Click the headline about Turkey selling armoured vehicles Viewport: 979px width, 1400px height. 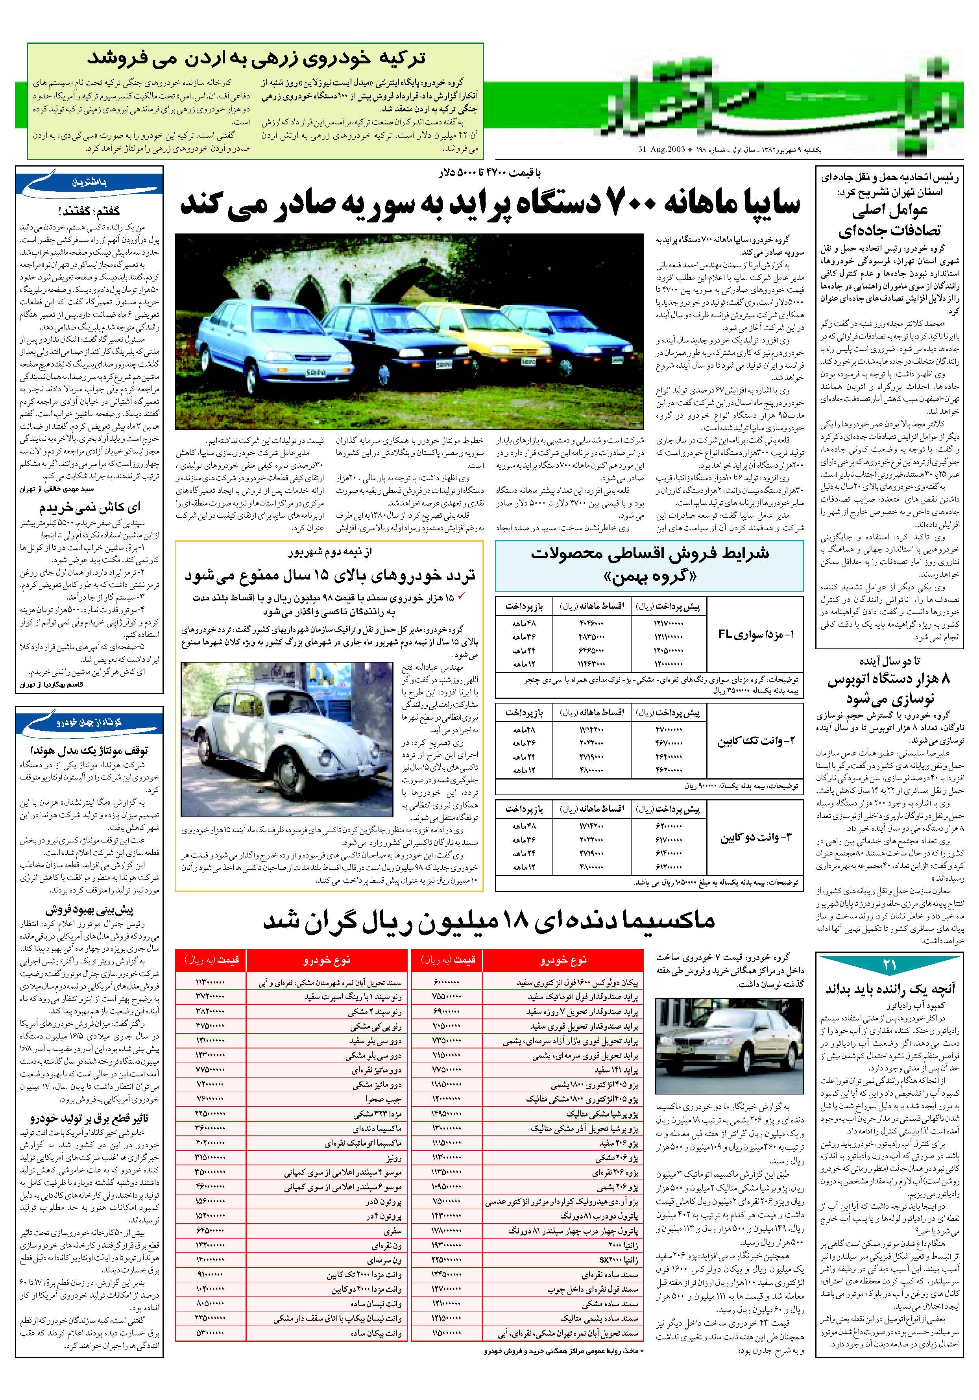tap(256, 59)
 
